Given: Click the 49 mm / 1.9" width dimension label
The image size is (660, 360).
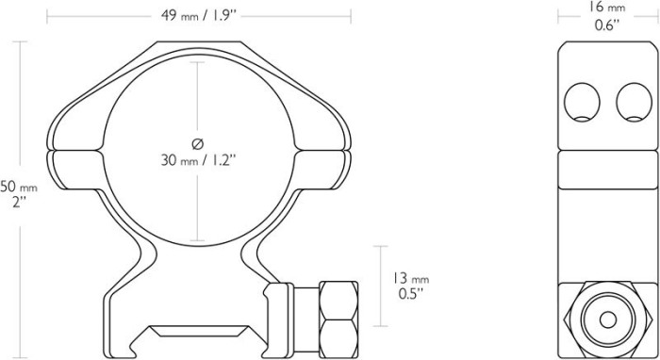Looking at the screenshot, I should pos(198,15).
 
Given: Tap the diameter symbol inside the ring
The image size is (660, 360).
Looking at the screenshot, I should pos(197,143).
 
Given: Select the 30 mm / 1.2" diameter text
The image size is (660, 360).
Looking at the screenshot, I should pos(197,161).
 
